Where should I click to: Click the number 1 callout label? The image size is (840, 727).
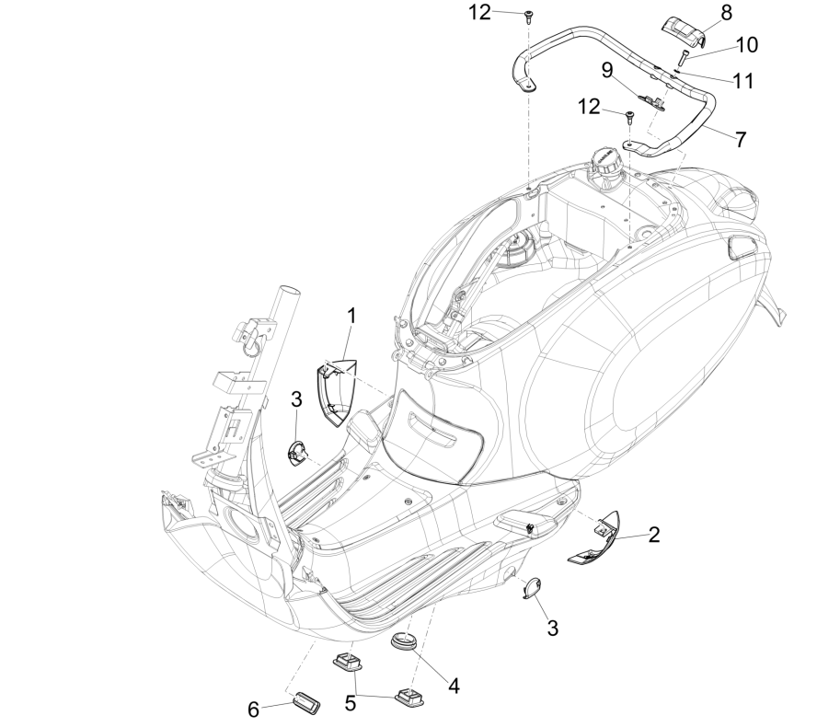tap(351, 317)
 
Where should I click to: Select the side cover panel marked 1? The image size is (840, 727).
tap(332, 381)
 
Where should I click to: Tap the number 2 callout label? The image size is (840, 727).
tap(653, 533)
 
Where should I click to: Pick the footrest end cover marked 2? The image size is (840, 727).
tap(594, 548)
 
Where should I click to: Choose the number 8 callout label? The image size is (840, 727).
tap(727, 13)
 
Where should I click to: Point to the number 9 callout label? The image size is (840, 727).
tap(607, 71)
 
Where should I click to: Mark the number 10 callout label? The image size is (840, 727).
tap(745, 45)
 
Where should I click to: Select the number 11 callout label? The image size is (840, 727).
tap(742, 81)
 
